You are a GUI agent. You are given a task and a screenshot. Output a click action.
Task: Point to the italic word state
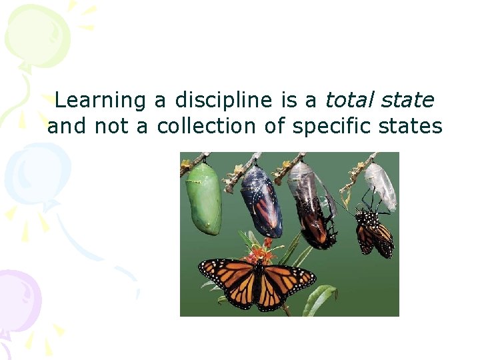pyautogui.click(x=407, y=101)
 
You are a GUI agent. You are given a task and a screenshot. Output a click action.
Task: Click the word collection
pyautogui.click(x=206, y=126)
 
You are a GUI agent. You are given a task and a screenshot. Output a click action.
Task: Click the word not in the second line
pyautogui.click(x=111, y=126)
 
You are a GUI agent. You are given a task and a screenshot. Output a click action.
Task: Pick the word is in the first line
pyautogui.click(x=289, y=101)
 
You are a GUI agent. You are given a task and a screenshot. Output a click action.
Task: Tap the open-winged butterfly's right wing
pyautogui.click(x=287, y=280)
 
